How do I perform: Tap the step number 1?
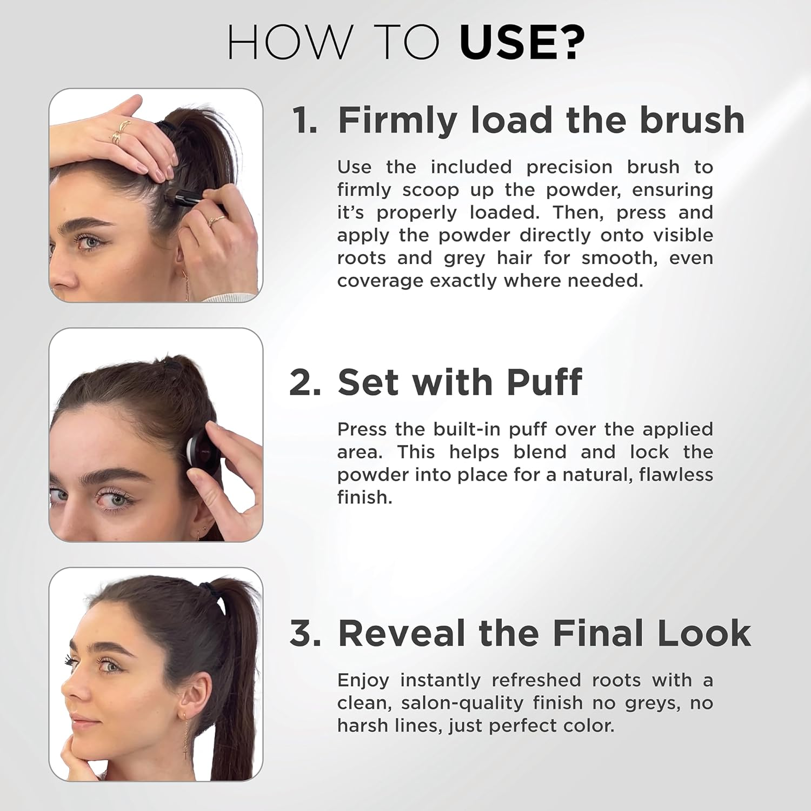click(304, 120)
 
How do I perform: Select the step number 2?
click(305, 382)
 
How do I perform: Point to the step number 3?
click(305, 633)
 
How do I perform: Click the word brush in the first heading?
click(692, 120)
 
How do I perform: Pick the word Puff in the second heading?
click(544, 382)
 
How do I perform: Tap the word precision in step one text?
click(569, 167)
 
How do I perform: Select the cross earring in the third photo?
click(185, 752)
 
